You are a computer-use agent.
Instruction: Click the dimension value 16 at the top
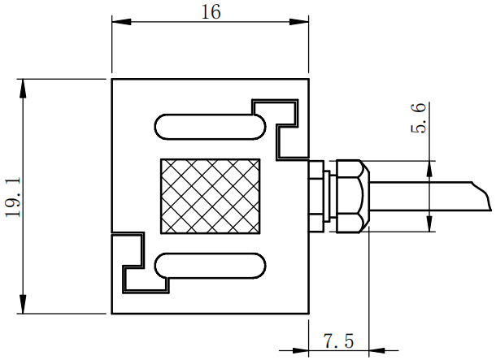point(209,12)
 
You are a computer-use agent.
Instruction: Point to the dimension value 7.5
point(338,340)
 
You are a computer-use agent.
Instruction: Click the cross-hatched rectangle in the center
point(211,195)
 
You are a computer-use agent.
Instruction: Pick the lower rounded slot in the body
point(210,265)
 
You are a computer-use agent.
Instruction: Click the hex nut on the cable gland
point(348,195)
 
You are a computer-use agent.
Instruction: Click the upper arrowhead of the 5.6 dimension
point(429,167)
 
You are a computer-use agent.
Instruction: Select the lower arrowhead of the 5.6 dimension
point(429,224)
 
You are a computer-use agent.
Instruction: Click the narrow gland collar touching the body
point(316,195)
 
